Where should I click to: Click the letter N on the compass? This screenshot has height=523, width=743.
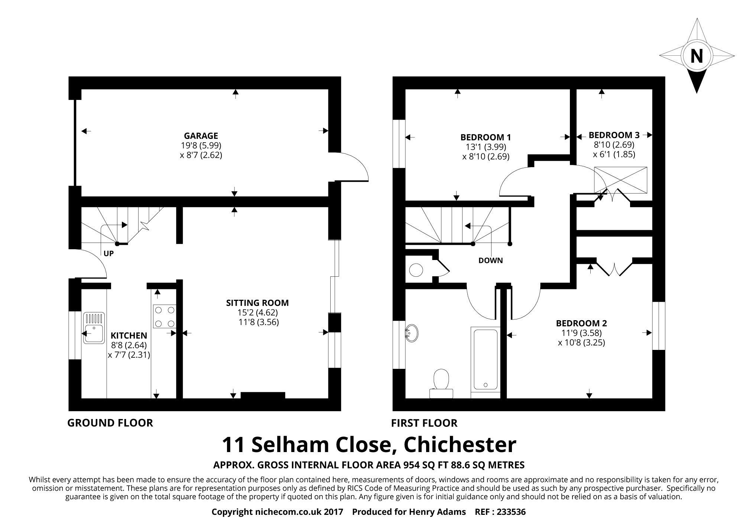tap(697, 56)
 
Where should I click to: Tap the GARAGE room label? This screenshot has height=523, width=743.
tap(201, 136)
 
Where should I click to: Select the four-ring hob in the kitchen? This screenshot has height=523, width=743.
tap(164, 316)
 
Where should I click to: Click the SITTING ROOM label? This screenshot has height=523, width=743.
tap(257, 303)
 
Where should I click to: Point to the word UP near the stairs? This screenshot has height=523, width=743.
tap(108, 254)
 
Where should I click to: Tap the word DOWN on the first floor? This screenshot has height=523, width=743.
tap(490, 260)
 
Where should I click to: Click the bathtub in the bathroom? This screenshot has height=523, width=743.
tap(485, 360)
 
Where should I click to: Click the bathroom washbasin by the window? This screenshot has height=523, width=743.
tap(412, 333)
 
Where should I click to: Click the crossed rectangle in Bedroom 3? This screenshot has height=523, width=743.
tap(620, 180)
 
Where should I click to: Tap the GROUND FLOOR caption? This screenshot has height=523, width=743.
tap(110, 423)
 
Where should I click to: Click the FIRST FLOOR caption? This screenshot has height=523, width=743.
tap(424, 423)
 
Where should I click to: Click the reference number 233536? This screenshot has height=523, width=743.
tap(511, 512)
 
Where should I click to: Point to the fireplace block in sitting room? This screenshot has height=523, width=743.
tap(263, 395)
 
